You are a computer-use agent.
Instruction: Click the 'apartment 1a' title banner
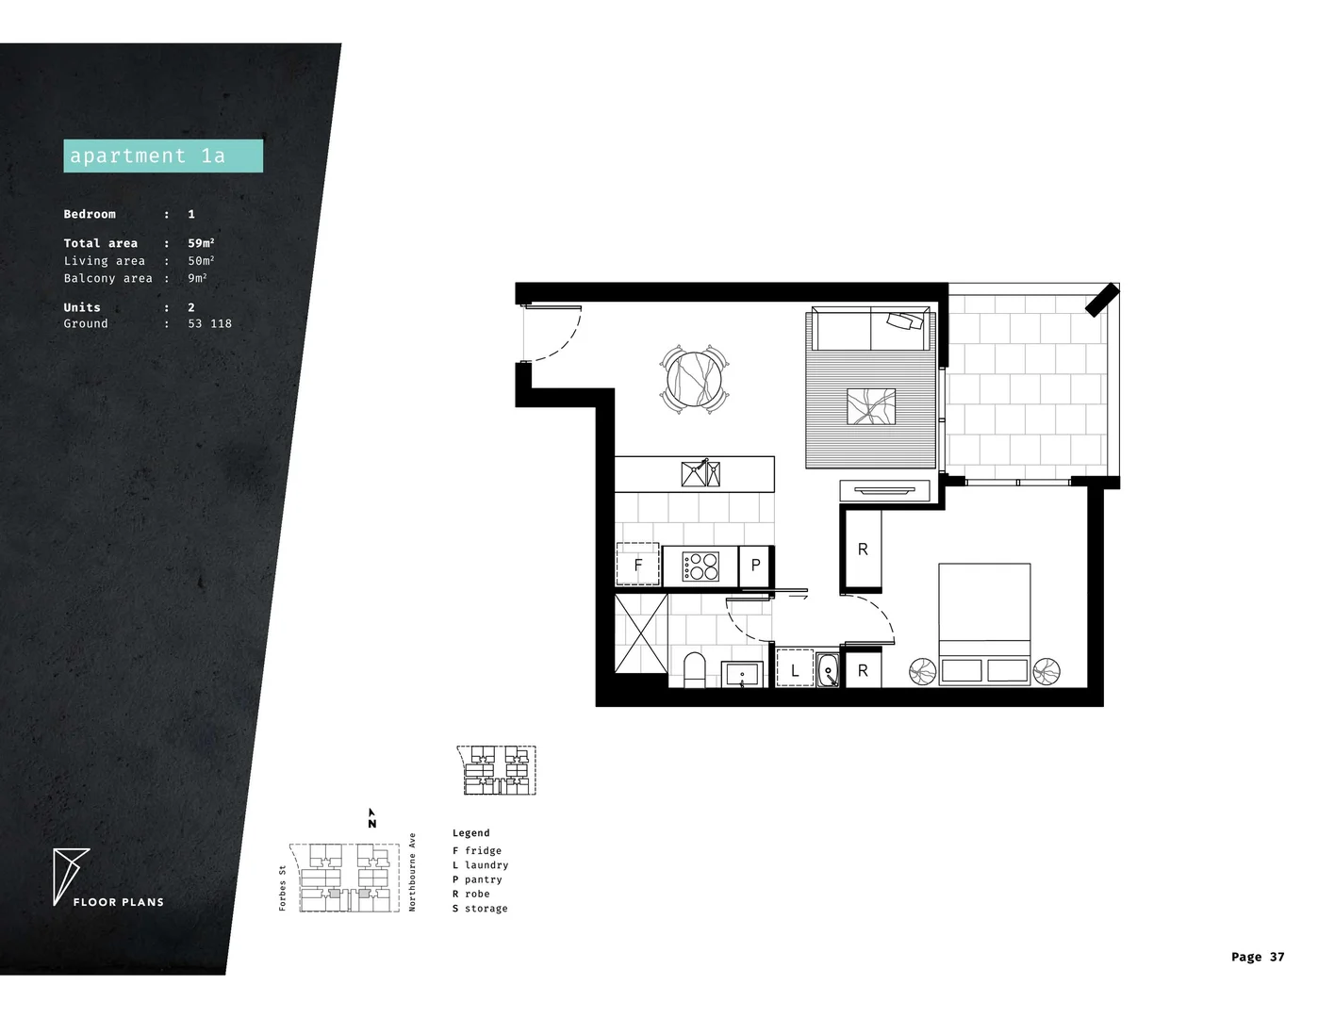[x=162, y=156]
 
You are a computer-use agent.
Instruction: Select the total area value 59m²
[x=201, y=243]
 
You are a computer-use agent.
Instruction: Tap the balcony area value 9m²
[x=197, y=278]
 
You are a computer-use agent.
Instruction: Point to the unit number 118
[x=222, y=323]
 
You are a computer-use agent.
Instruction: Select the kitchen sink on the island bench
[x=700, y=473]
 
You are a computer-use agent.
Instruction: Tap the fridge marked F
[x=638, y=566]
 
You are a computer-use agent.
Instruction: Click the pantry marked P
[x=755, y=566]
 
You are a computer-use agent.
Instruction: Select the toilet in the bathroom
[x=694, y=669]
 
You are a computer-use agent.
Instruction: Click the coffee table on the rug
[x=872, y=406]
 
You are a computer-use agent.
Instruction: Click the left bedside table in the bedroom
[x=922, y=670]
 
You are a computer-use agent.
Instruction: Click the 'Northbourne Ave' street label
[x=412, y=872]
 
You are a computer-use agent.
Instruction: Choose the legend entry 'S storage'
[x=480, y=909]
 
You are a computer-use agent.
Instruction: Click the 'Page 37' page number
[x=1257, y=957]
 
